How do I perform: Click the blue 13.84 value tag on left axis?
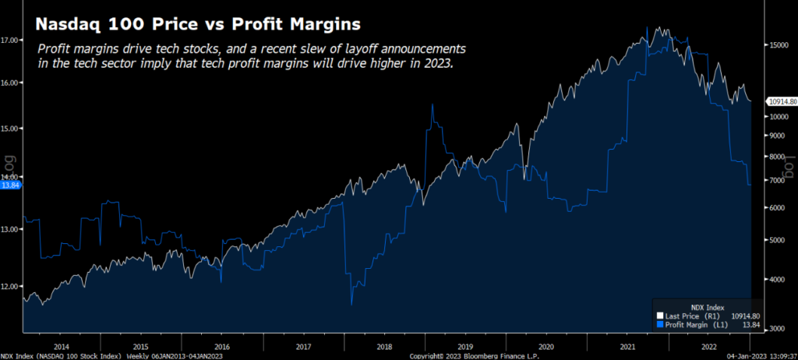(x=10, y=185)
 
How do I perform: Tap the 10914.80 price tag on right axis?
(x=782, y=101)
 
